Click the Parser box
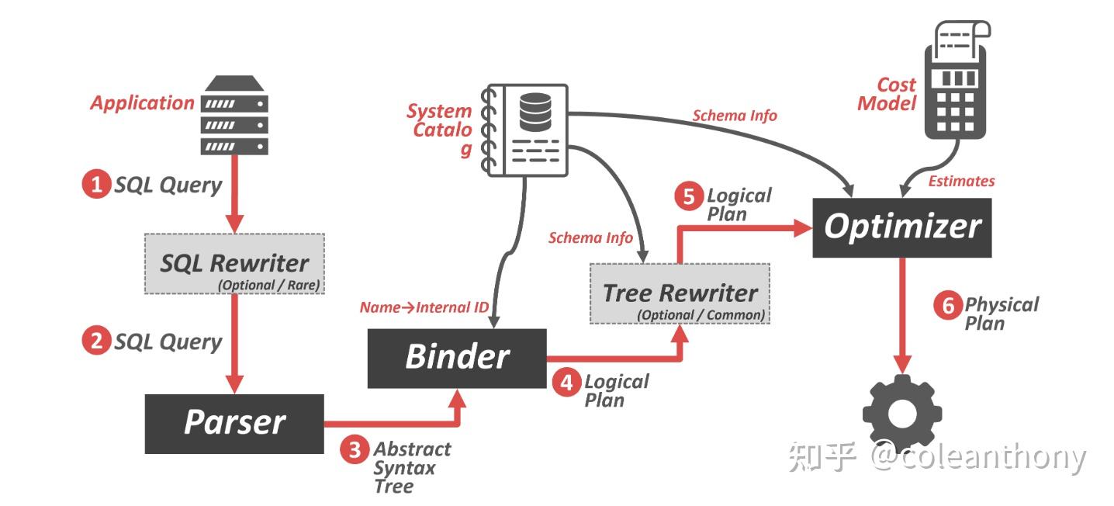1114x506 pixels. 234,423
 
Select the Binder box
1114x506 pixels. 456,358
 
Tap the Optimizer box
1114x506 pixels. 901,227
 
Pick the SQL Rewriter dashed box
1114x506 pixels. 234,264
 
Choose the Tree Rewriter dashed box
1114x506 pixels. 680,293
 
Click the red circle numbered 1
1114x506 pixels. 96,185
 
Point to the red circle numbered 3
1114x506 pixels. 355,450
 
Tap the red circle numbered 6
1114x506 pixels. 947,306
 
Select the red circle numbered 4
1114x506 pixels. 567,382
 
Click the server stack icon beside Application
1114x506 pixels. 234,116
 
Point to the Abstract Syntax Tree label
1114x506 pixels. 411,468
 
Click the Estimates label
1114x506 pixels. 961,181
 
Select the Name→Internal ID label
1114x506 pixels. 424,307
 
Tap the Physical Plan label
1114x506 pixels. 1001,314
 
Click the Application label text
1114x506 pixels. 142,102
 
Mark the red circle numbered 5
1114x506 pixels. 688,196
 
